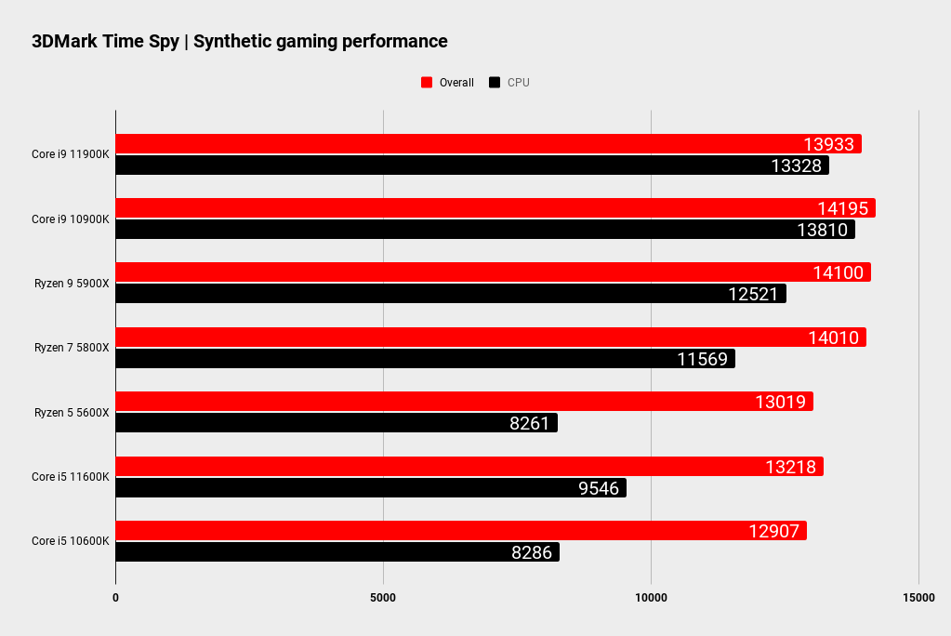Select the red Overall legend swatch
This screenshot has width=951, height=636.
pyautogui.click(x=427, y=83)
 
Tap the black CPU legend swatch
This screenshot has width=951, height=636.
pyautogui.click(x=495, y=83)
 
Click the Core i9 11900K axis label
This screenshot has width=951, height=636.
pyautogui.click(x=71, y=155)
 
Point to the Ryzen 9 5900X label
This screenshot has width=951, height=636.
pyautogui.click(x=71, y=284)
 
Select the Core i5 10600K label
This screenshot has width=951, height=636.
pyautogui.click(x=71, y=541)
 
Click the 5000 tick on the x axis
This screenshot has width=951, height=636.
pyautogui.click(x=383, y=597)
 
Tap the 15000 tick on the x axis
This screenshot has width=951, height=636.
pyautogui.click(x=918, y=597)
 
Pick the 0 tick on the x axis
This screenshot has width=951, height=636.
pyautogui.click(x=115, y=597)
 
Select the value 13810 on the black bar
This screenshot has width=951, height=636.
pyautogui.click(x=822, y=230)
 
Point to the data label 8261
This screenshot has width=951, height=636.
pyautogui.click(x=530, y=423)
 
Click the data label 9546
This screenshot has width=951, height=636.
pyautogui.click(x=599, y=487)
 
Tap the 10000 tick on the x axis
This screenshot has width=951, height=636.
pyautogui.click(x=651, y=597)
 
